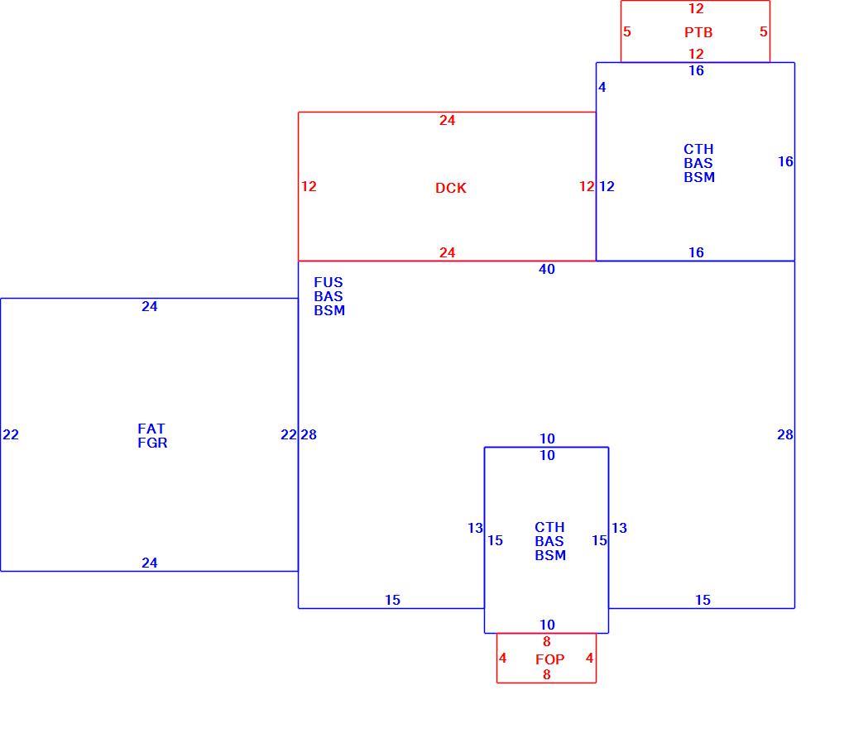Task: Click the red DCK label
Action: [450, 188]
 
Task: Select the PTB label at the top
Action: [698, 32]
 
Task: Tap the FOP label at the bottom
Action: [549, 659]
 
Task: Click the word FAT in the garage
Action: [151, 429]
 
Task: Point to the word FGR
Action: [152, 443]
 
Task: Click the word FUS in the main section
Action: [328, 283]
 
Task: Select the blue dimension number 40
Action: [547, 269]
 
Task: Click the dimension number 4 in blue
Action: [602, 87]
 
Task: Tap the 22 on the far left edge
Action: [11, 435]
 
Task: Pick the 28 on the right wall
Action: [784, 435]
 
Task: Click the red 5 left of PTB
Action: [627, 31]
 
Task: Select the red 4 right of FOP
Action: [589, 659]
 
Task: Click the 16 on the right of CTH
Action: [785, 161]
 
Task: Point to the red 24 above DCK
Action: [448, 121]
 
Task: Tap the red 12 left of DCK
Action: [309, 187]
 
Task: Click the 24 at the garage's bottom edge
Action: [150, 563]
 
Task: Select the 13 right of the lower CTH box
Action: [619, 528]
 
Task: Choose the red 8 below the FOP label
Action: [547, 675]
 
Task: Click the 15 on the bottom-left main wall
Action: [392, 600]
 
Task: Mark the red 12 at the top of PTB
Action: [696, 8]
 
